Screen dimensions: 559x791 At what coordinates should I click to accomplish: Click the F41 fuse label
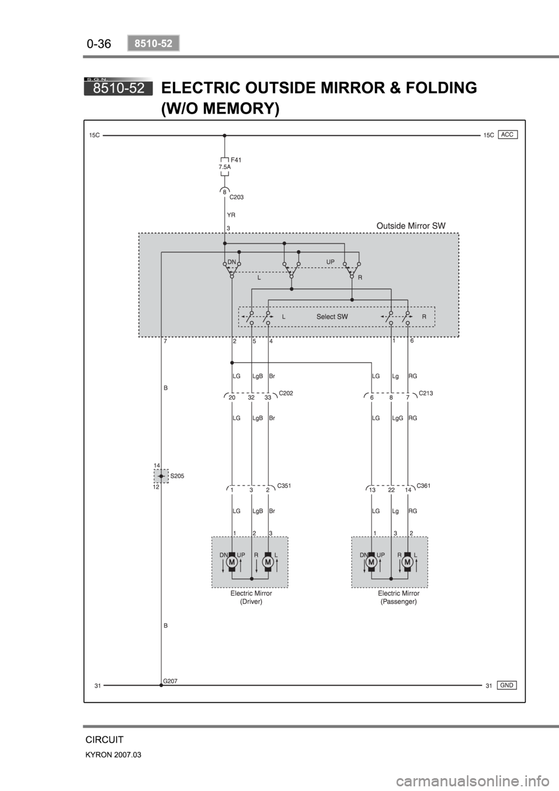coord(236,160)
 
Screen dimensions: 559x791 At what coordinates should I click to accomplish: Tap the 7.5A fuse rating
coord(224,167)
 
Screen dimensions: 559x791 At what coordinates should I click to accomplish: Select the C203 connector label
coord(236,197)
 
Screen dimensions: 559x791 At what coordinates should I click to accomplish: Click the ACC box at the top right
coord(508,135)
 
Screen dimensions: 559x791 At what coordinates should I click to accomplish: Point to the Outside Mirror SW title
coord(411,225)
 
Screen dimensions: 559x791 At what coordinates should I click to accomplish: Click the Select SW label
coord(332,317)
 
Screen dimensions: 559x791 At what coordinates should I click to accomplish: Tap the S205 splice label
coord(177,476)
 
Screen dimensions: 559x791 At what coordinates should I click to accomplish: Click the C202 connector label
coord(286,393)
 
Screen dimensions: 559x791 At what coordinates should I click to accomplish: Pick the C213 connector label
coord(426,393)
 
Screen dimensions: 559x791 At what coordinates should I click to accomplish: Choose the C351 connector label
coord(284,486)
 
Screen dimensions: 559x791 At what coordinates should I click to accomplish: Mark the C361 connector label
coord(423,486)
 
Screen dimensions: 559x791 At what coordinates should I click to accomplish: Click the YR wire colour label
coord(231,215)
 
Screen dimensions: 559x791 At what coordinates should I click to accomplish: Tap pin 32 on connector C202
coord(251,398)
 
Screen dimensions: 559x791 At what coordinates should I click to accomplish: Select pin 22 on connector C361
coord(391,490)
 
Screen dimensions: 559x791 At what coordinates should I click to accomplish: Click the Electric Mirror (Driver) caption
coord(252,598)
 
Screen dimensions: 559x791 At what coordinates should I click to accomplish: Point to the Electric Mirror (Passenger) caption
coord(399,598)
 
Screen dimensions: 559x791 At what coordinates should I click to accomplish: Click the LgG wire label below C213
coord(397,418)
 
